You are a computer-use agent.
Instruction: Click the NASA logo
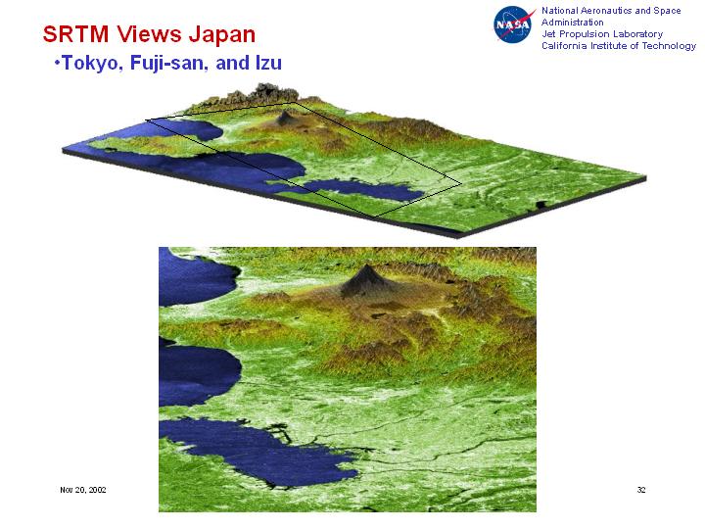tap(513, 24)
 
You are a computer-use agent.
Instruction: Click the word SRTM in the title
tap(75, 34)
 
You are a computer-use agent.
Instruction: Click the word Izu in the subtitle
tap(268, 63)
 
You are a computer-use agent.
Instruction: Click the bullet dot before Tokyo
tap(57, 62)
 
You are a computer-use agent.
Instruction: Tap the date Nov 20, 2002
tap(82, 490)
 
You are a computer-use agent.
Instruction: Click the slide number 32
tap(641, 490)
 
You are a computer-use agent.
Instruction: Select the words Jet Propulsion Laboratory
tap(602, 33)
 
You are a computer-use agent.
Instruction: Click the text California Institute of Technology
tap(619, 45)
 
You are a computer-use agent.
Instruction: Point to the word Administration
tap(573, 22)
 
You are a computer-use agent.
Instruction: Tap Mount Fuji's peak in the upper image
tap(284, 113)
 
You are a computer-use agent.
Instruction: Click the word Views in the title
tap(149, 34)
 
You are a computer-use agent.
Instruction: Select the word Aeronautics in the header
tap(605, 11)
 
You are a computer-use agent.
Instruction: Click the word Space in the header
tap(667, 11)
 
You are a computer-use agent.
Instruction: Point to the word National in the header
tap(559, 11)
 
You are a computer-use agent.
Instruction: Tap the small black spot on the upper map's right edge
tap(540, 205)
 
